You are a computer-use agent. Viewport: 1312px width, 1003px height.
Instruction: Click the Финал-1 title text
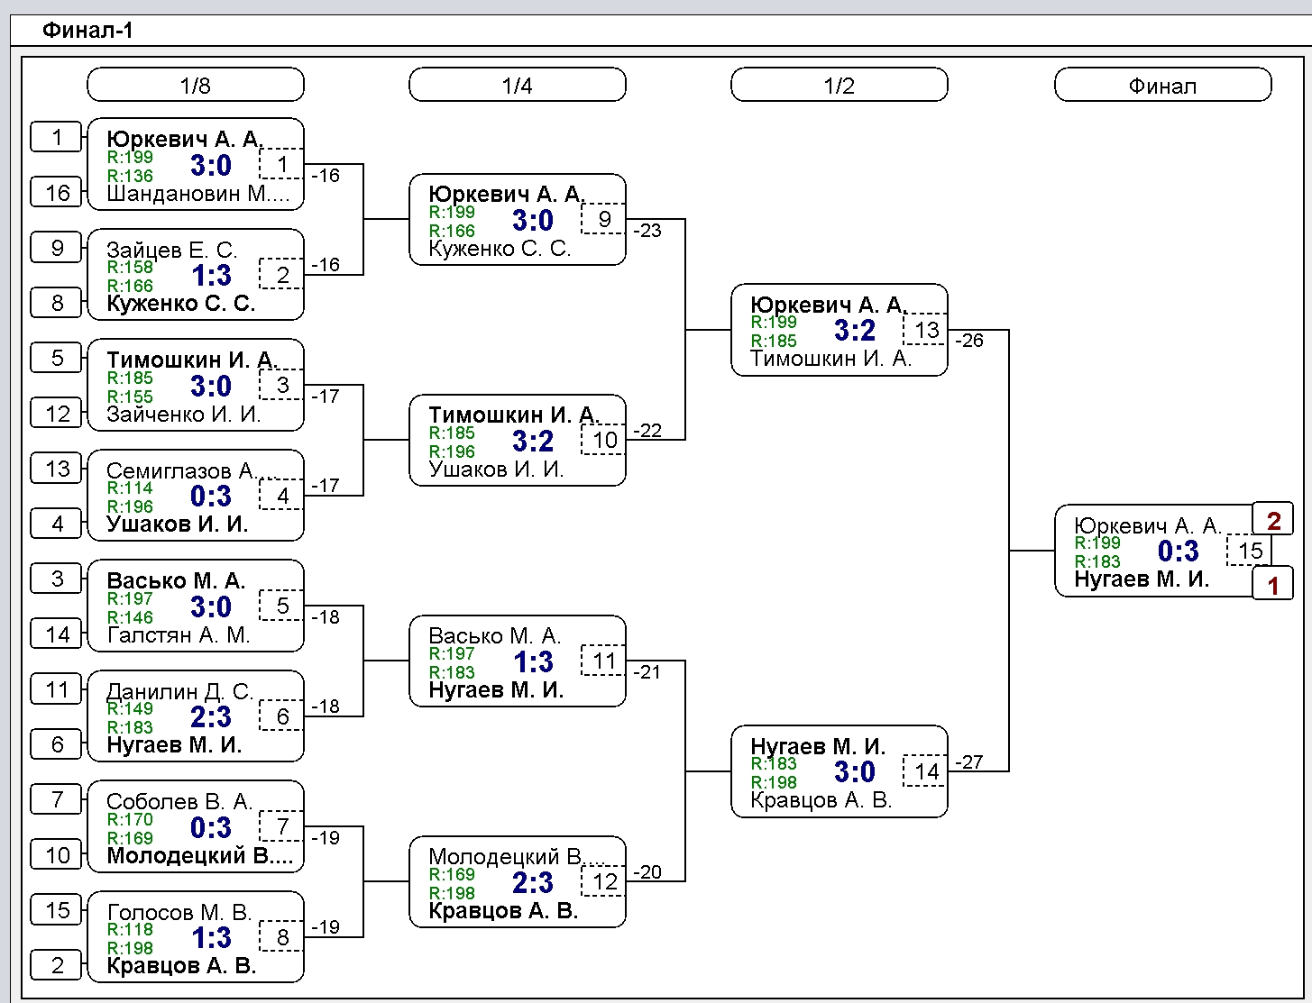click(87, 30)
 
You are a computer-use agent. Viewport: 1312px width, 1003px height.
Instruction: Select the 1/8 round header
click(196, 85)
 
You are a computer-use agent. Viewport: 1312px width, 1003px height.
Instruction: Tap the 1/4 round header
click(517, 85)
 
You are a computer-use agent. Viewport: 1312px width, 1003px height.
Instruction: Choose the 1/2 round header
click(839, 85)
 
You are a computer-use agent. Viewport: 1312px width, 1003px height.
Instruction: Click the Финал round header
click(1162, 85)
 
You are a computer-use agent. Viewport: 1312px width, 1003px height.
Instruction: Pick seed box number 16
click(56, 192)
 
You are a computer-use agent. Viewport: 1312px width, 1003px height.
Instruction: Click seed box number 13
click(56, 468)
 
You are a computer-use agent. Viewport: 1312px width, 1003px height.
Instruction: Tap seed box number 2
click(56, 965)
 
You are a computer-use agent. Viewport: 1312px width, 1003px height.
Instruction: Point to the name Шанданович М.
click(197, 194)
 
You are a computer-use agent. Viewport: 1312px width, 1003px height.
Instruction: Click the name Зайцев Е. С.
click(171, 249)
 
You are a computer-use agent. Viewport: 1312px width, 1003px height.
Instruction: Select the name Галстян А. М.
click(179, 634)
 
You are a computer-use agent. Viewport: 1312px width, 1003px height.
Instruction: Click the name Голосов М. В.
click(179, 912)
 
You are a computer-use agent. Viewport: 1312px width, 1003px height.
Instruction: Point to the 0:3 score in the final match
click(1179, 551)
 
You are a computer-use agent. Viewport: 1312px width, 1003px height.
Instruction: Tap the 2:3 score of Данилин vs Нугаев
click(211, 716)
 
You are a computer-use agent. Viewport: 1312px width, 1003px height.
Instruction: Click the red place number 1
click(1273, 584)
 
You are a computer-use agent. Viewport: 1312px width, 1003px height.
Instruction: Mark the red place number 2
click(1273, 520)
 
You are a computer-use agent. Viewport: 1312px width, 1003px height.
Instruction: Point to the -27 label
click(969, 761)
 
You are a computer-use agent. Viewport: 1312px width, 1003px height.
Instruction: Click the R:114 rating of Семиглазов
click(130, 488)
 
